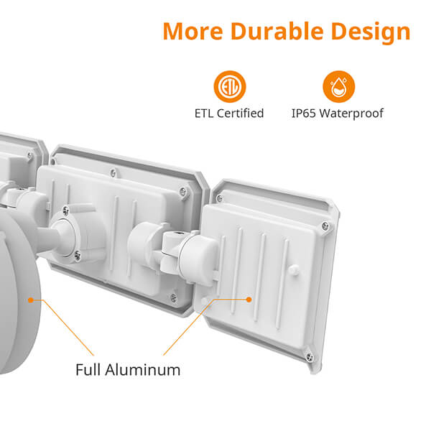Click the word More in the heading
coord(193,31)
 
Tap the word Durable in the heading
coord(277,31)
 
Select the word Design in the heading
coord(371,32)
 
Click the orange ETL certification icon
coord(230,87)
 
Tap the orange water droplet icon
coord(338,87)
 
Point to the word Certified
coord(240,113)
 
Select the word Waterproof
coord(351,113)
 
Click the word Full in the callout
coord(88,370)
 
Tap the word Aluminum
coord(143,370)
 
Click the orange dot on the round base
coord(31,300)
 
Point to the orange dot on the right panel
coord(249,300)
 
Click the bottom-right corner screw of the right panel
coord(310,357)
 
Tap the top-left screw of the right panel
coord(219,198)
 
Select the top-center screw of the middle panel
coord(113,173)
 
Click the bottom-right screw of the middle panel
coord(173,297)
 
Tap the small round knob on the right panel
coord(293,269)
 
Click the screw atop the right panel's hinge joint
coord(175,234)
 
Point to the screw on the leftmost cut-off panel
coord(29,156)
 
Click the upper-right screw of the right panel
coord(325,226)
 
